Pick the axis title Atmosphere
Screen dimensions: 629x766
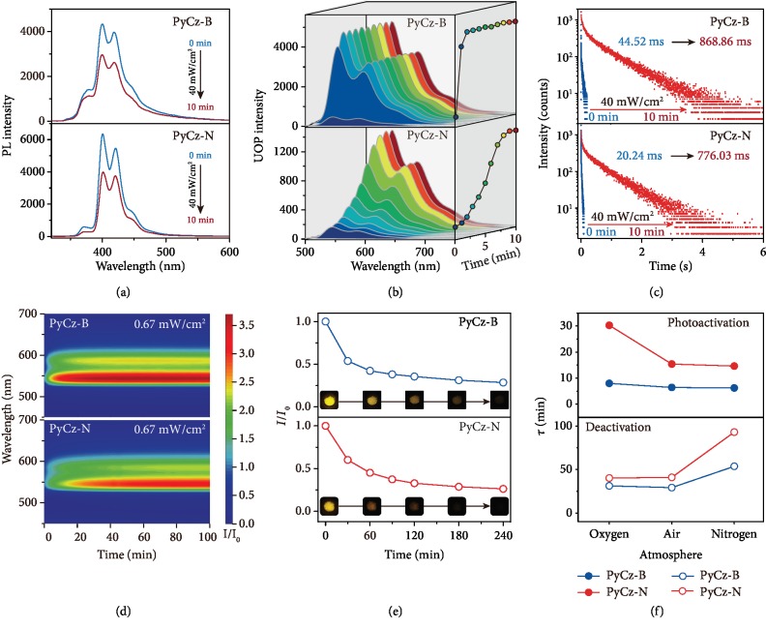click(657, 554)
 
